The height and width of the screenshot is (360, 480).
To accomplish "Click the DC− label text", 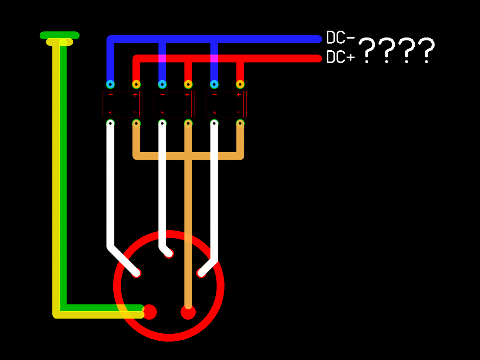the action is click(340, 38).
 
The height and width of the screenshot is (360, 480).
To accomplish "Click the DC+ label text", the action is click(340, 57).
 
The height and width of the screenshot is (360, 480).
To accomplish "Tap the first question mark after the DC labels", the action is click(367, 50).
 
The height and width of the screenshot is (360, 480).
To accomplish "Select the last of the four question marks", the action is click(426, 50).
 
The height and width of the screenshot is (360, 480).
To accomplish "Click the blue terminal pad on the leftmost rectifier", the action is click(110, 84).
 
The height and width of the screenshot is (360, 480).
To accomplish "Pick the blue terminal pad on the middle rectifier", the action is click(162, 84).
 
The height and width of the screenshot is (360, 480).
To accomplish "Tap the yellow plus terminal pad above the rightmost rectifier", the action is click(240, 84).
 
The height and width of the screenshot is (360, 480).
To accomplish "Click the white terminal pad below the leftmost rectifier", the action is click(110, 123).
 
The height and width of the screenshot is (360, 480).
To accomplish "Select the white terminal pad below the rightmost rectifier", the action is click(214, 123).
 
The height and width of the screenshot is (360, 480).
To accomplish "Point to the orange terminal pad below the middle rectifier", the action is click(188, 123).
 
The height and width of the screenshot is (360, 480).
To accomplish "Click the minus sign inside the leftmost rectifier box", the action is click(111, 95).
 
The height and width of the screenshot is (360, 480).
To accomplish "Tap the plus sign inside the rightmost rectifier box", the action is click(239, 95).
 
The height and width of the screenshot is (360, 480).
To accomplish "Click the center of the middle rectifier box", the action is click(174, 104).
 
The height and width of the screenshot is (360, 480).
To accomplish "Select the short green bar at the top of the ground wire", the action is click(60, 35).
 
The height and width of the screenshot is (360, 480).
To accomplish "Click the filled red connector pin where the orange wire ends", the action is click(188, 312).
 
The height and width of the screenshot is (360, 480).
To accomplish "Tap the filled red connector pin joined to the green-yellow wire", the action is click(150, 312).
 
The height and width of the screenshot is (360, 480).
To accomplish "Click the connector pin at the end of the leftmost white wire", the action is click(136, 273).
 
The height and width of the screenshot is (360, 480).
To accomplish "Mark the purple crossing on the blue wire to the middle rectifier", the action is click(162, 58).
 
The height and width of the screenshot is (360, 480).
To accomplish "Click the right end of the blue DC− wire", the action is click(318, 39).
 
